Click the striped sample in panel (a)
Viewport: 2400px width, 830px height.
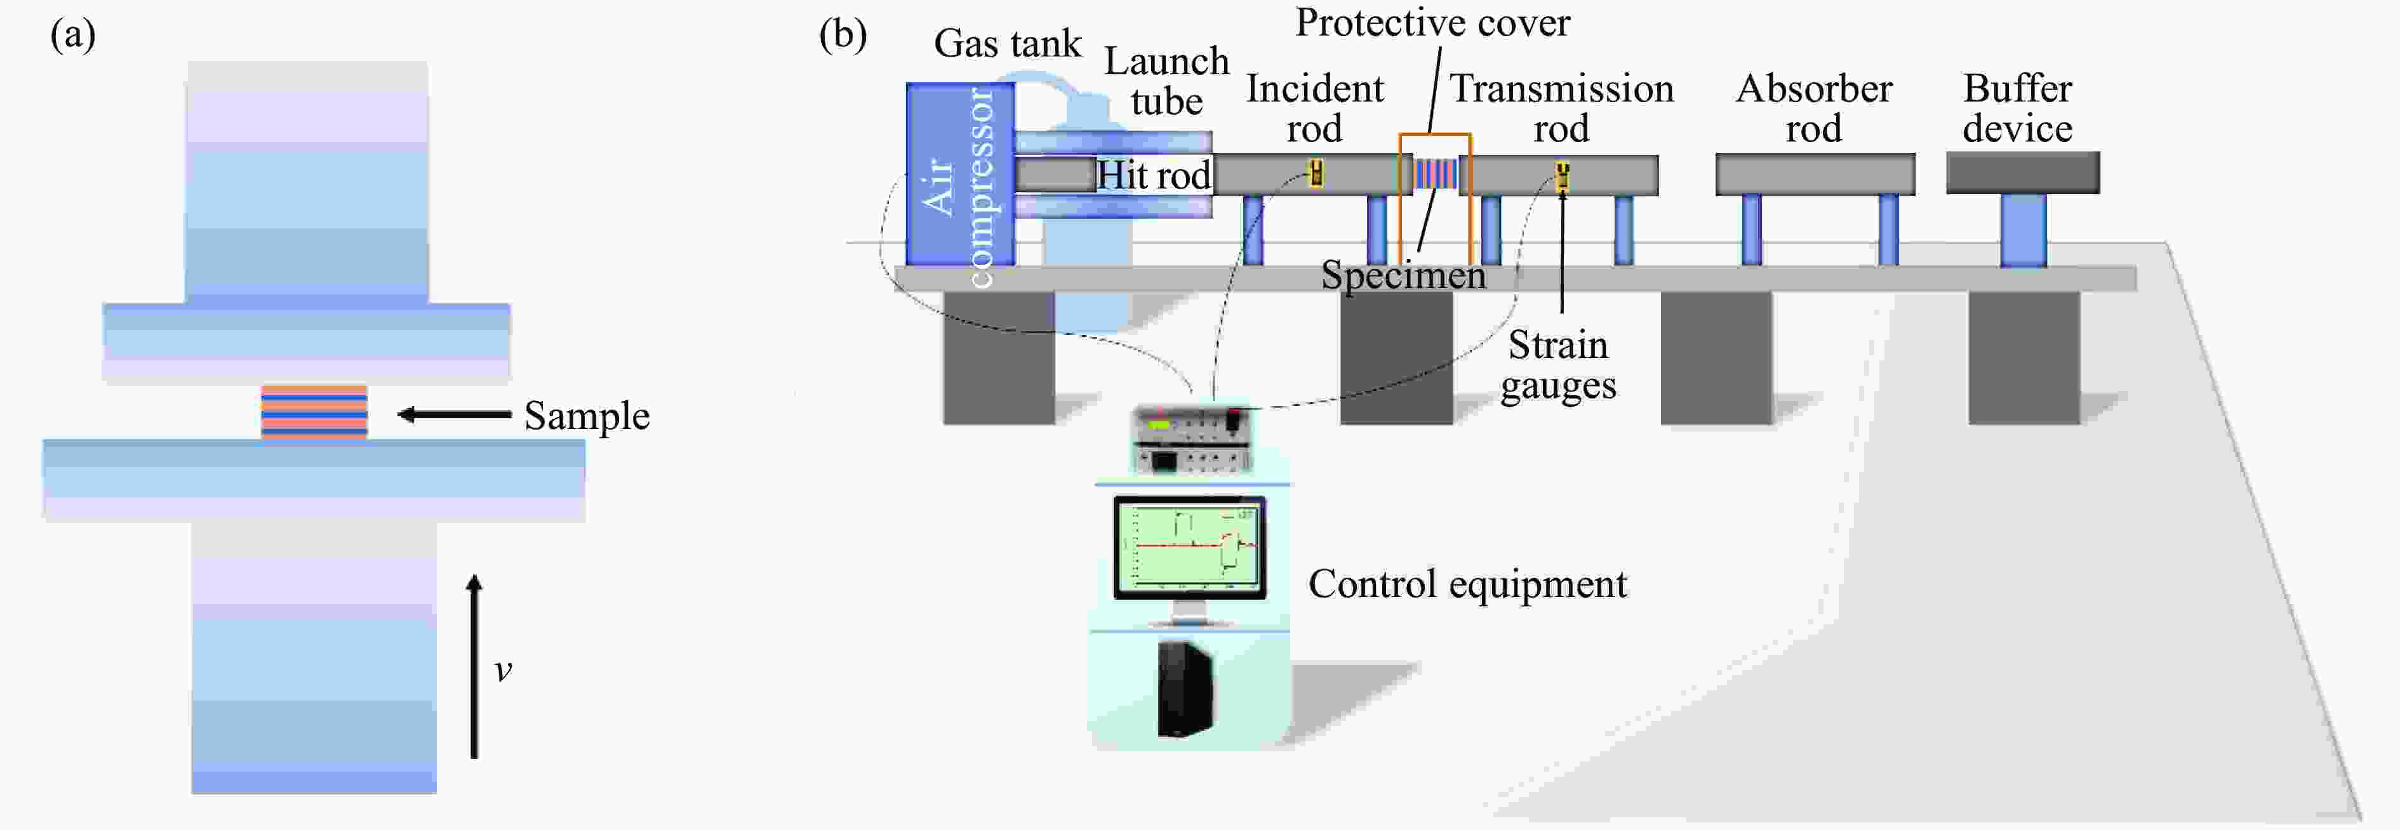[x=314, y=412]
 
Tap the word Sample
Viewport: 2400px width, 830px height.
[x=586, y=416]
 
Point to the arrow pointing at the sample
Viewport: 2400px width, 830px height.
[x=454, y=414]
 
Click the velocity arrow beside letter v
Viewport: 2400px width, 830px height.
[x=474, y=666]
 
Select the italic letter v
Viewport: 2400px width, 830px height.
[x=503, y=670]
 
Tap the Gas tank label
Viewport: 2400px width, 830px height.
[x=1007, y=44]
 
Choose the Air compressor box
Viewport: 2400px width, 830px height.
[x=959, y=175]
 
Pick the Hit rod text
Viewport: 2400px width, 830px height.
[x=1154, y=175]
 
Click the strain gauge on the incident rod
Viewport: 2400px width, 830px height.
[x=1316, y=173]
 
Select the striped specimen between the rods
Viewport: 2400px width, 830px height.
[x=1435, y=175]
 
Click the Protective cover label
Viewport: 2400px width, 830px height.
[x=1432, y=22]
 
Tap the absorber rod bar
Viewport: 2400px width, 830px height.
[x=1815, y=175]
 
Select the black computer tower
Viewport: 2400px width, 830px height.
[x=1185, y=689]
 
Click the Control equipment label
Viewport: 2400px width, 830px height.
[x=1467, y=584]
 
